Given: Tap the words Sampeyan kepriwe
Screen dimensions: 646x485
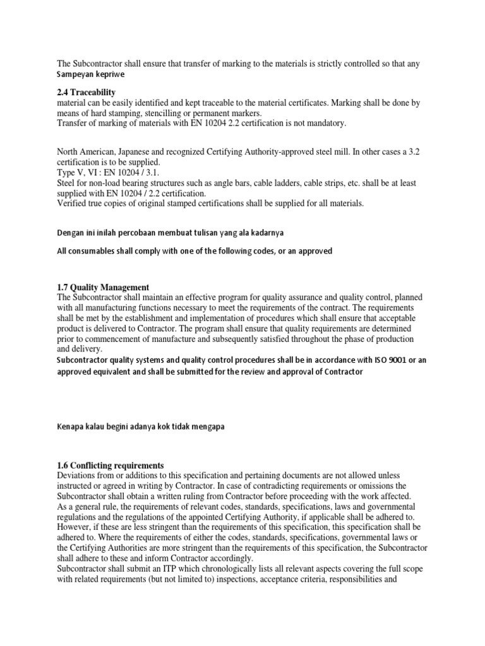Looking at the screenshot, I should [90, 74].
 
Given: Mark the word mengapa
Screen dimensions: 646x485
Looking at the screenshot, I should [206, 426].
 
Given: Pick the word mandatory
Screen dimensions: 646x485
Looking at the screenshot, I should [323, 123].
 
